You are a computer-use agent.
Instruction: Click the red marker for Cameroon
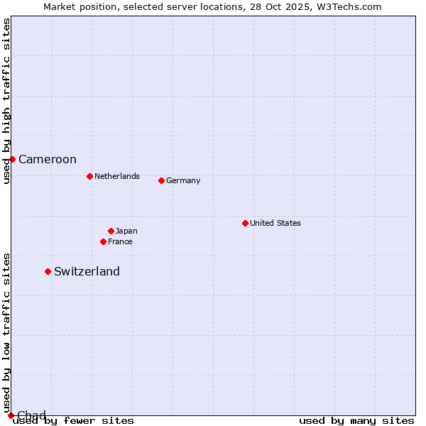point(12,159)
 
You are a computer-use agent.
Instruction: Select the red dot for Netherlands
point(89,176)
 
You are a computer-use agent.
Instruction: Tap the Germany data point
point(161,180)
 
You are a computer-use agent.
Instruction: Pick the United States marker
point(245,223)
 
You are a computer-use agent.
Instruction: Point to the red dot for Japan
point(111,231)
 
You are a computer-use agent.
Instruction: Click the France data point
point(103,241)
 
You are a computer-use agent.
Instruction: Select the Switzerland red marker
point(48,271)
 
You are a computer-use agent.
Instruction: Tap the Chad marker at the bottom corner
point(11,415)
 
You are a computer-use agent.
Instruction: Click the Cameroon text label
point(48,160)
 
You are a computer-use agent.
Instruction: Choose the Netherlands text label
point(117,176)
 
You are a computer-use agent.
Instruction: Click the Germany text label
point(183,180)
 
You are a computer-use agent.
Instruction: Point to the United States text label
point(275,223)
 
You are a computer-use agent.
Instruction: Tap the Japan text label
point(126,231)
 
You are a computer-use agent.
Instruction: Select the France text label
point(120,241)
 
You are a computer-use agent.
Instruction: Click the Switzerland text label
point(87,271)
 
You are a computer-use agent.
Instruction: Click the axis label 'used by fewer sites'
point(73,420)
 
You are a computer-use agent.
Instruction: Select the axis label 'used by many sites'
point(356,420)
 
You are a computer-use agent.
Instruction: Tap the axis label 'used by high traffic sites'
point(6,101)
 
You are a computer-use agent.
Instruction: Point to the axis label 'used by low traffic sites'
point(6,332)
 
